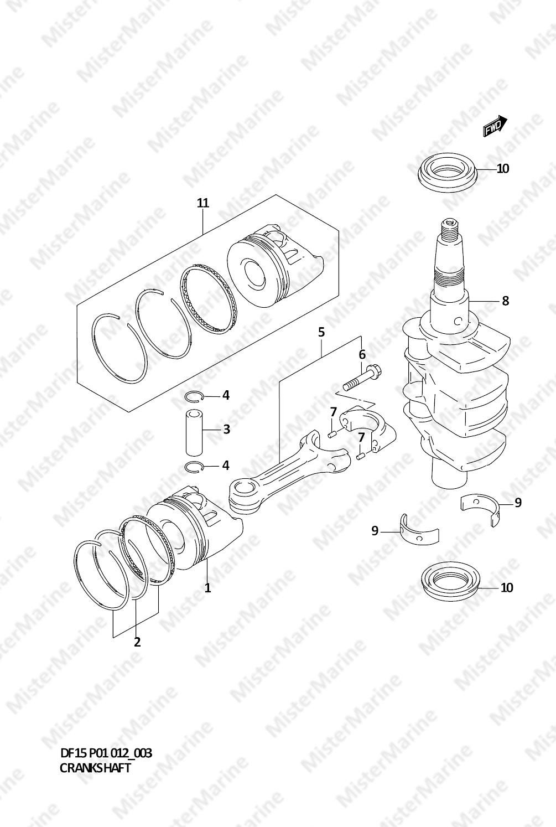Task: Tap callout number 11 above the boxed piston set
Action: tap(202, 203)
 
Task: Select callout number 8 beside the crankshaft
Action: tap(505, 301)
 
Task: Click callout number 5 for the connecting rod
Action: tap(321, 332)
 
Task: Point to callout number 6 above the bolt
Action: tap(362, 354)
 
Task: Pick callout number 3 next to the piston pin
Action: tap(226, 429)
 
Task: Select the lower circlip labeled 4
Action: tap(194, 467)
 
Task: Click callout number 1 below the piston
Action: tap(207, 588)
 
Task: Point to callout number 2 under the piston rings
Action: tap(137, 642)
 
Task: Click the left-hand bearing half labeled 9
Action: tap(419, 530)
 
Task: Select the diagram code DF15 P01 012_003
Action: tap(106, 753)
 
